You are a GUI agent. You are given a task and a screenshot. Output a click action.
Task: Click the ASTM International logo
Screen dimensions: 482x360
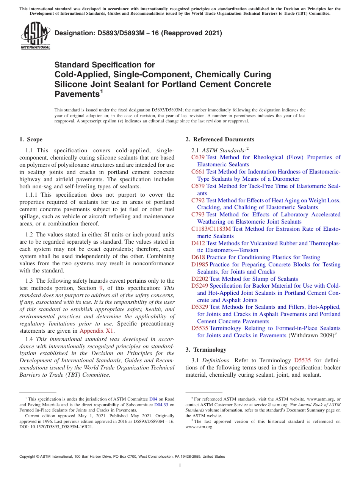coord(35,36)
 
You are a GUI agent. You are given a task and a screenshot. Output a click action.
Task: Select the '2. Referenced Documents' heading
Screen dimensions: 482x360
coord(220,139)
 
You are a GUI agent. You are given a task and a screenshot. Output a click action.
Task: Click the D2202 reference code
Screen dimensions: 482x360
coord(200,279)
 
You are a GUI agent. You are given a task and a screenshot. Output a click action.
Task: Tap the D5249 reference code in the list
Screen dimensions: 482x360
coord(200,286)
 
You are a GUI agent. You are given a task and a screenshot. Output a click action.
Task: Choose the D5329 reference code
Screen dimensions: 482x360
coord(200,307)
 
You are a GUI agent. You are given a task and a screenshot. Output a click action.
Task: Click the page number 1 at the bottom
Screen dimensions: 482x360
coord(180,465)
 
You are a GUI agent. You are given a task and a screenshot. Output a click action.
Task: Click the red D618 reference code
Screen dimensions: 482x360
coord(198,257)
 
